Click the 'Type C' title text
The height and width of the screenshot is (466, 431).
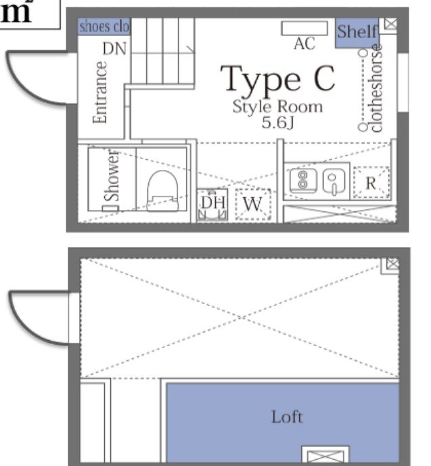point(278,79)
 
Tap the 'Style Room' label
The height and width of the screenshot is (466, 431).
point(277,107)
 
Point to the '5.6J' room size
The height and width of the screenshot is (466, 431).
point(278,123)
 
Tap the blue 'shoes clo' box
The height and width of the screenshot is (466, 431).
point(104,26)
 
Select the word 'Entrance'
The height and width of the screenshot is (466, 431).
point(100,92)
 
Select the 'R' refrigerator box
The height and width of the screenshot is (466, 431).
point(371,183)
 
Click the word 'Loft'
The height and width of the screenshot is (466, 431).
point(287,417)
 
